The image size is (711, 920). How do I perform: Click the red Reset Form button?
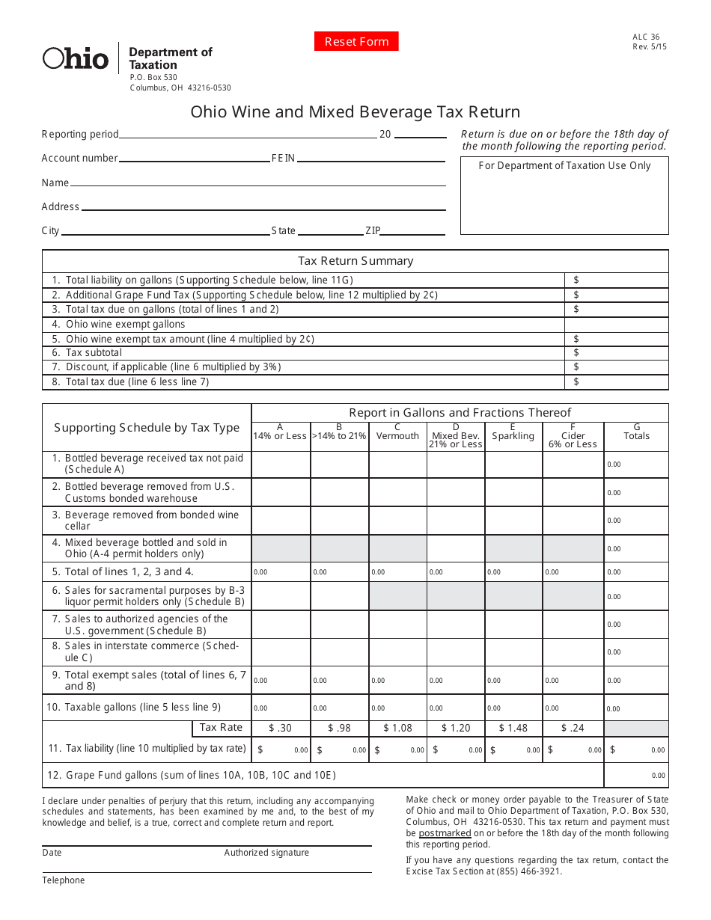(356, 42)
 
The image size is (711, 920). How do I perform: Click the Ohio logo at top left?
(76, 58)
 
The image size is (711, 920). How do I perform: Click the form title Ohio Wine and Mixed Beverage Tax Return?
(355, 112)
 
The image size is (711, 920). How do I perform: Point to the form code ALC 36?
(646, 37)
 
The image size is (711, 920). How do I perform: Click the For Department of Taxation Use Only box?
(564, 195)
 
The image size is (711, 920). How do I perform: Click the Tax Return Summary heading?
(355, 261)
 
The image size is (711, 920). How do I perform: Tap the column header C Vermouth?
(397, 433)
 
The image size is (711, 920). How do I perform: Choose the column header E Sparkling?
(513, 433)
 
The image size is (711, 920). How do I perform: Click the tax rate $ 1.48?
(513, 728)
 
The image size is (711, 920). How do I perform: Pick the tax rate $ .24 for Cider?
(573, 728)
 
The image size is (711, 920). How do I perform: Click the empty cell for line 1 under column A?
(281, 464)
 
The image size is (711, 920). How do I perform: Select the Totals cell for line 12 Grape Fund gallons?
(636, 775)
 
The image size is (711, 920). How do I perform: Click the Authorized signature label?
(266, 853)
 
